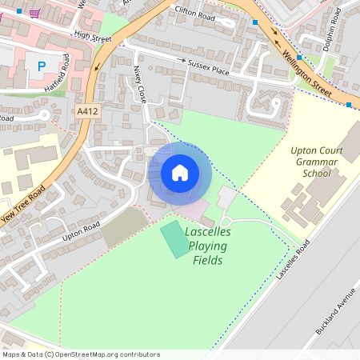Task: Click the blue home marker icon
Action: pyautogui.click(x=180, y=173)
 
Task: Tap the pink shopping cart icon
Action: pyautogui.click(x=34, y=13)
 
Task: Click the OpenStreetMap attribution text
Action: pyautogui.click(x=81, y=354)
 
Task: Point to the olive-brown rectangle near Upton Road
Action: pyautogui.click(x=123, y=227)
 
